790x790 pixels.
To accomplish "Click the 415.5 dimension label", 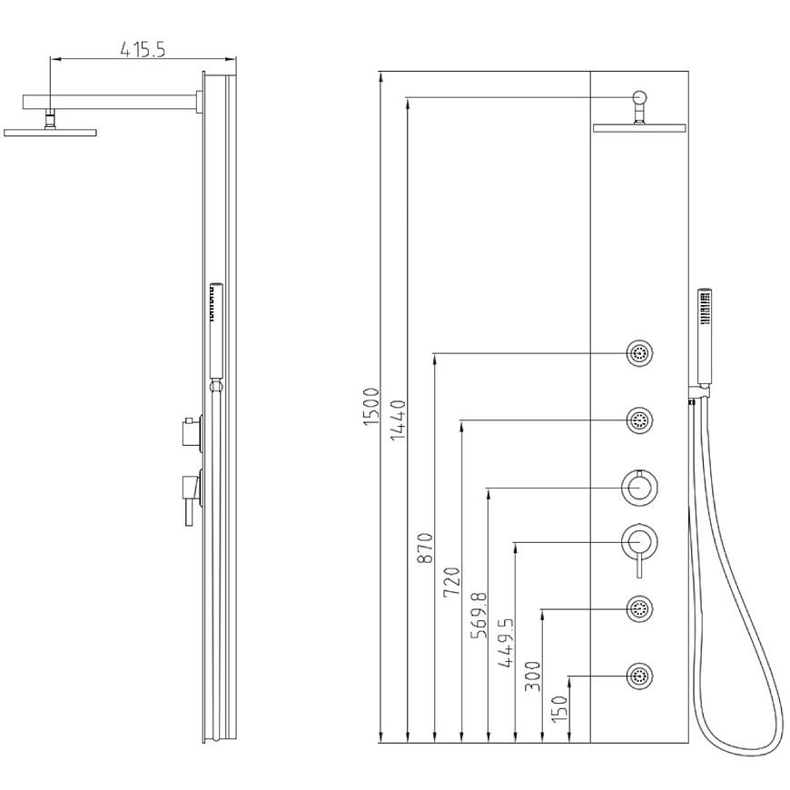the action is pyautogui.click(x=143, y=49).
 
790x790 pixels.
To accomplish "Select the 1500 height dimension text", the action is pyautogui.click(x=370, y=406).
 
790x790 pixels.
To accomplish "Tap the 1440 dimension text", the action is pyautogui.click(x=398, y=420).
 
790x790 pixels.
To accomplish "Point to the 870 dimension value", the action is pyautogui.click(x=425, y=548).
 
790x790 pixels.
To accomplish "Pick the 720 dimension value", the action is pyautogui.click(x=452, y=582).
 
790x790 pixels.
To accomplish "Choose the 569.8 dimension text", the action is pyautogui.click(x=479, y=615).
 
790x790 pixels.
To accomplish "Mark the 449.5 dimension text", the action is pyautogui.click(x=507, y=643).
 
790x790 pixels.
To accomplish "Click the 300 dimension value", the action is pyautogui.click(x=533, y=676).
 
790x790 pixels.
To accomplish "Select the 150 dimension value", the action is pyautogui.click(x=559, y=709).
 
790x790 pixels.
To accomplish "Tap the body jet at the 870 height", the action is pyautogui.click(x=640, y=353).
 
